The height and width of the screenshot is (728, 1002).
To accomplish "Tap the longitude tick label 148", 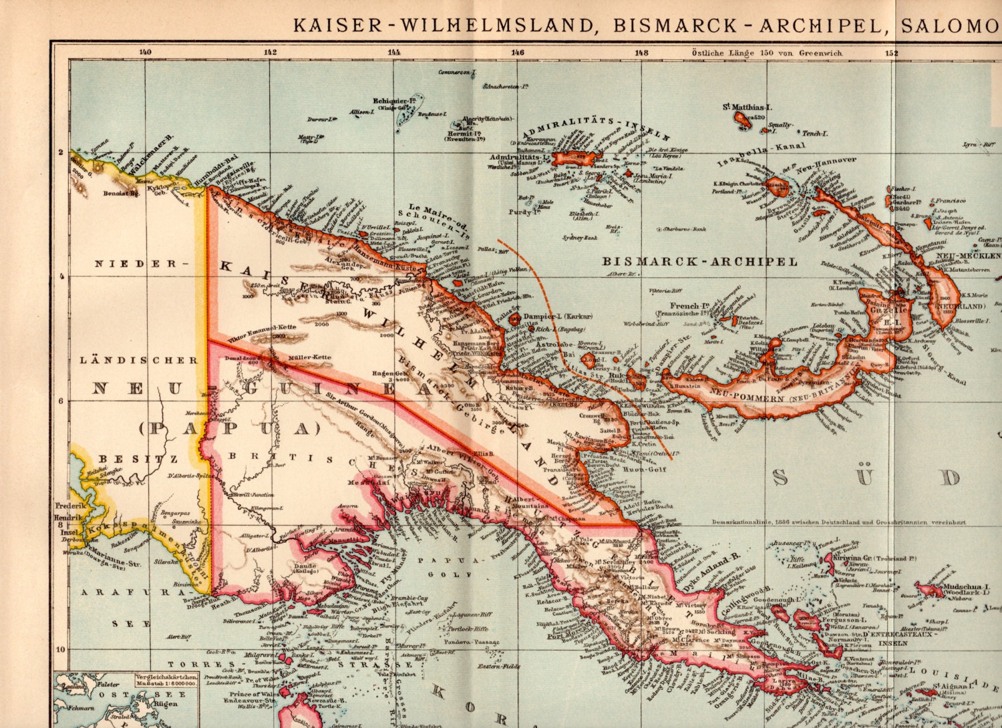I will [x=641, y=52].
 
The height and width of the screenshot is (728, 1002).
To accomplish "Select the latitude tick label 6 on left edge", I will [x=60, y=401].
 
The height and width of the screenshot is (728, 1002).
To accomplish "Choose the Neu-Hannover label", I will [x=826, y=161].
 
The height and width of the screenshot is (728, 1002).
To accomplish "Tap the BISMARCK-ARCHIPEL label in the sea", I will [x=700, y=261].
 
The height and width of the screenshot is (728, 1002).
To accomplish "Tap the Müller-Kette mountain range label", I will [x=309, y=357].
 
